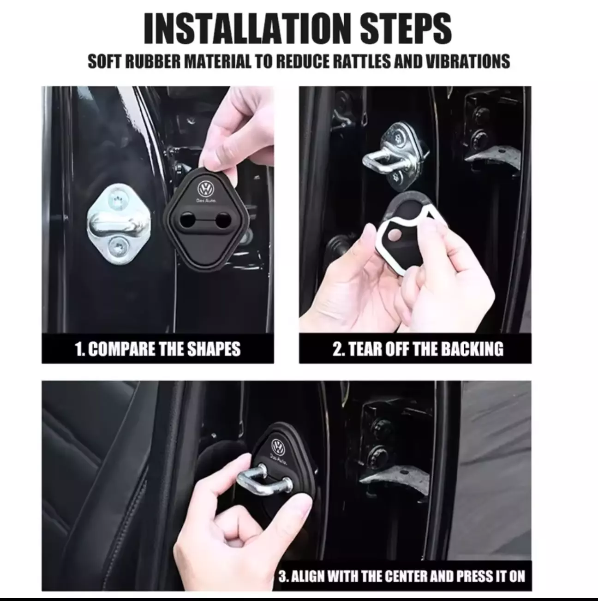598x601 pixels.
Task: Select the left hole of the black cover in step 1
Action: (x=187, y=220)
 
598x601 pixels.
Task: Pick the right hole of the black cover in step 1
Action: (x=223, y=220)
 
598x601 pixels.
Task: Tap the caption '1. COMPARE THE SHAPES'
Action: (x=158, y=349)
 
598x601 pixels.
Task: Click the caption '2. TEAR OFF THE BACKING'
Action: (x=418, y=349)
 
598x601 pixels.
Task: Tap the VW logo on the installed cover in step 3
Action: (x=277, y=446)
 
